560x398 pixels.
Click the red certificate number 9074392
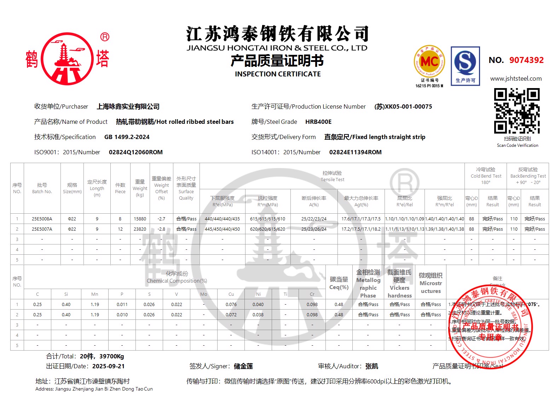click(526, 60)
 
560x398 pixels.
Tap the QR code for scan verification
click(517, 111)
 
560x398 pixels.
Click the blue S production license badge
click(465, 66)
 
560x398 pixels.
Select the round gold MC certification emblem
click(429, 62)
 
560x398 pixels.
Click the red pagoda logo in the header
click(67, 59)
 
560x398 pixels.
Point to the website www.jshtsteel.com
click(516, 79)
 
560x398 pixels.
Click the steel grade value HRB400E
click(318, 122)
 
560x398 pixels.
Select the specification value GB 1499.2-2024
click(127, 137)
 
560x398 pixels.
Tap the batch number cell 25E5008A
click(42, 219)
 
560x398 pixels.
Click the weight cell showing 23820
click(140, 229)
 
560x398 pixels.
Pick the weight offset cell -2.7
click(161, 219)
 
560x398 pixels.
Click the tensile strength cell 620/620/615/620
click(267, 229)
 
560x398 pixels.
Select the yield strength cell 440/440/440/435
click(222, 219)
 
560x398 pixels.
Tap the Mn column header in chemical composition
click(95, 294)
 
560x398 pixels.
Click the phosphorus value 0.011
click(122, 304)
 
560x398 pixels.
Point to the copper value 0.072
click(231, 315)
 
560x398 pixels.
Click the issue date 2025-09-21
click(108, 366)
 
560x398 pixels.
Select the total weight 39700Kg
click(111, 356)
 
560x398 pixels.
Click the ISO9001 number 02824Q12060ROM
click(136, 152)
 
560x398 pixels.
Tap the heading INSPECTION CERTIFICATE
click(278, 74)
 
